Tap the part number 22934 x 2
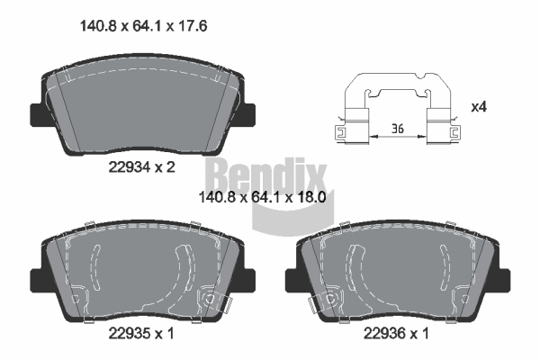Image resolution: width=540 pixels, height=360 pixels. [140, 166]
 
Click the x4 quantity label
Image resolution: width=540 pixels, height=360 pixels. [479, 107]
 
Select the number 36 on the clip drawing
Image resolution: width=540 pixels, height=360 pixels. [397, 130]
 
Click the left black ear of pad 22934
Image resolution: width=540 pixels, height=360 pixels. [37, 115]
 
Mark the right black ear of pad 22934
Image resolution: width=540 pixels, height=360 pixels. [247, 115]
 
